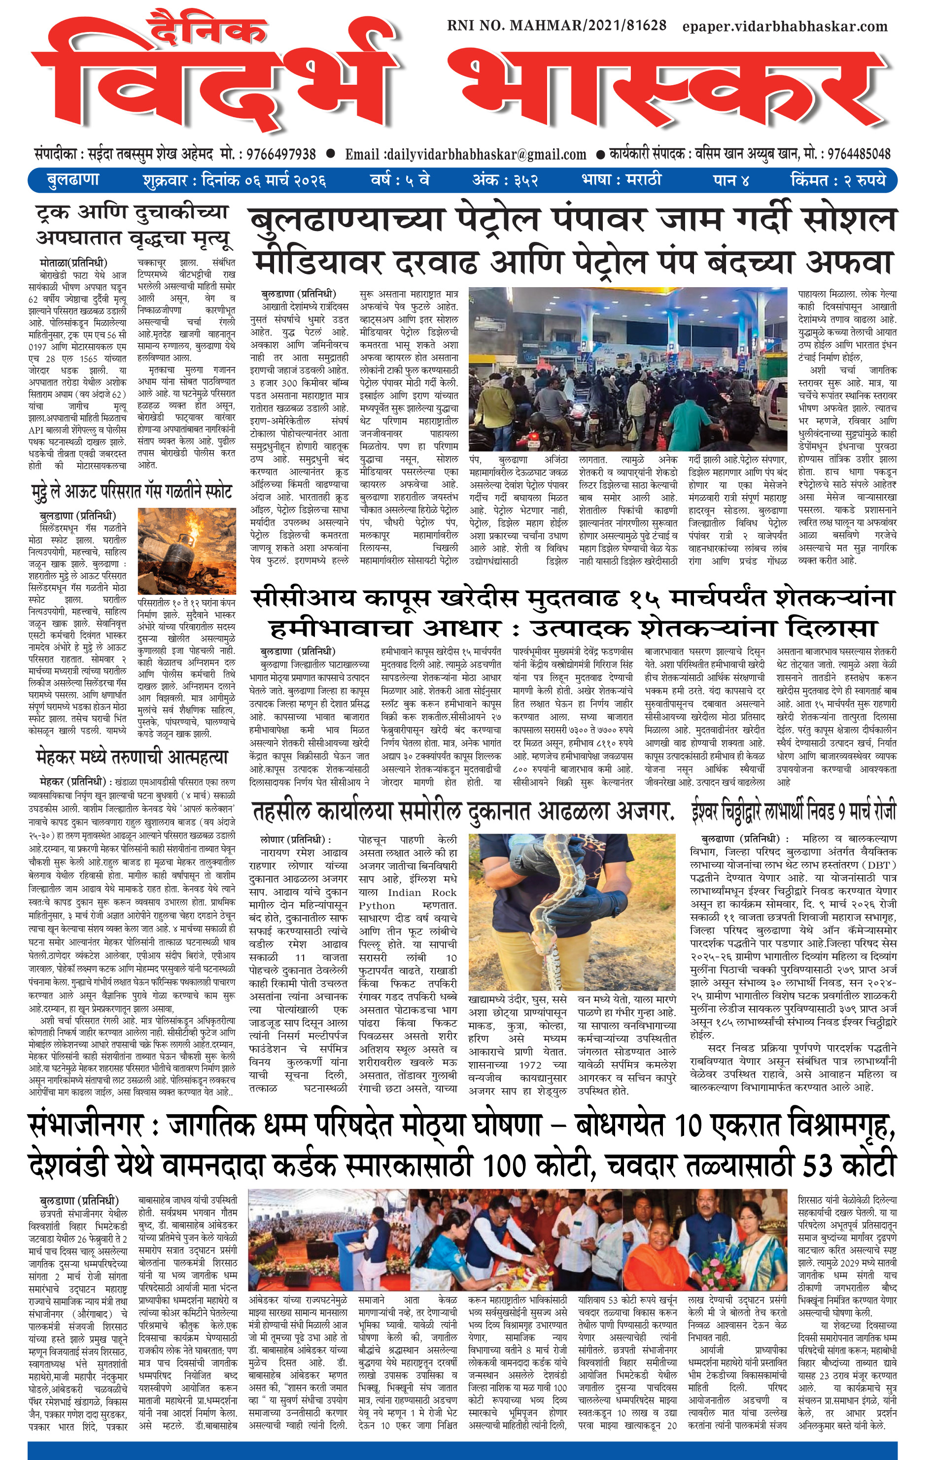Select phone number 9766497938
pos(277,154)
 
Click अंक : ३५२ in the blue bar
pos(505,180)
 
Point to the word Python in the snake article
pos(377,905)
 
